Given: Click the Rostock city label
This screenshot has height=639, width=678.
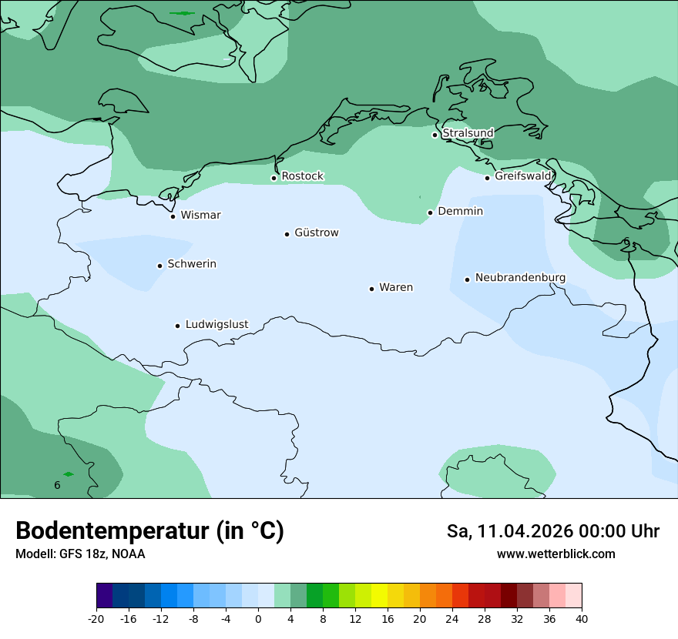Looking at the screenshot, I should point(302,176).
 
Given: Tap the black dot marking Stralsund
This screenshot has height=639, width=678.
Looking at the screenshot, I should point(435,135).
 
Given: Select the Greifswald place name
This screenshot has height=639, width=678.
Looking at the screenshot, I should point(522,176).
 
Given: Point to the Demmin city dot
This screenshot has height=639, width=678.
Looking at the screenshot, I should point(430,212).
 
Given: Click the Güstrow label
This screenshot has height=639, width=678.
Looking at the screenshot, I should point(316,233).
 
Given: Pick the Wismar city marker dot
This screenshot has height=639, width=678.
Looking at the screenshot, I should point(173,216).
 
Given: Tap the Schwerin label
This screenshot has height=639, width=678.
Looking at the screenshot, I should point(192,264).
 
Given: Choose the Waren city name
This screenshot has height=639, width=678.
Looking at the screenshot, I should point(396,287).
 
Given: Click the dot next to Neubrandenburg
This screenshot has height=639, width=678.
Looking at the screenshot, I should point(467,279).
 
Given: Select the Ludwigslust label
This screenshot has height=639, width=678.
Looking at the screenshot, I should point(216,324).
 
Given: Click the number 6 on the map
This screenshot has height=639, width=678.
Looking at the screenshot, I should point(57,485).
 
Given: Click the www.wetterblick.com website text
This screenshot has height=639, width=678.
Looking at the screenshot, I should point(555,554).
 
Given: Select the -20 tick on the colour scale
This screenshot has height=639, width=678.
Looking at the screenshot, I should point(96,618).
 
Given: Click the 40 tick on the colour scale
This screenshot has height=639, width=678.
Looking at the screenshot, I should point(582,618).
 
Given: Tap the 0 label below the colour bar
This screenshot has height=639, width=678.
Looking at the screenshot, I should point(258,618).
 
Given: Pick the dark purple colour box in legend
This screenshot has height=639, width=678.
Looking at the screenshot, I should point(104,596).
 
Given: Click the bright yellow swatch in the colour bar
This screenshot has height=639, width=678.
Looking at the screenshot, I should point(379,596).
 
